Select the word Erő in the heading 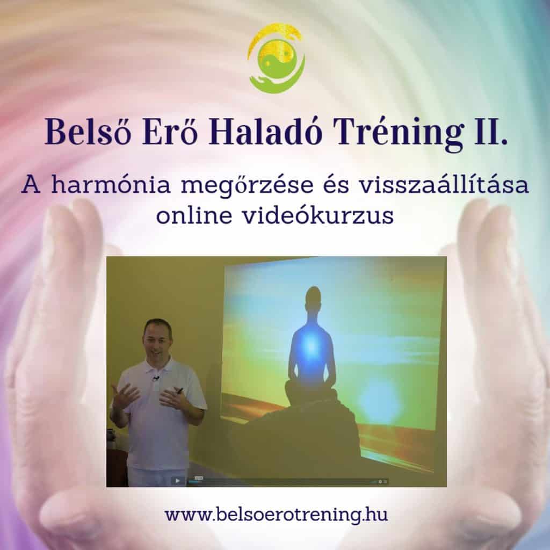click(x=170, y=132)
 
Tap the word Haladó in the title click(x=265, y=132)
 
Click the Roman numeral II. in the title click(x=491, y=132)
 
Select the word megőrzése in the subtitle click(x=247, y=186)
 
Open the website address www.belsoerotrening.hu click(x=277, y=515)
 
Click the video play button click(x=177, y=481)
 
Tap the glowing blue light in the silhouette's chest click(x=311, y=345)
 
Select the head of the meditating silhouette click(x=313, y=299)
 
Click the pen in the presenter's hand click(x=179, y=390)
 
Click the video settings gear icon click(x=380, y=482)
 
